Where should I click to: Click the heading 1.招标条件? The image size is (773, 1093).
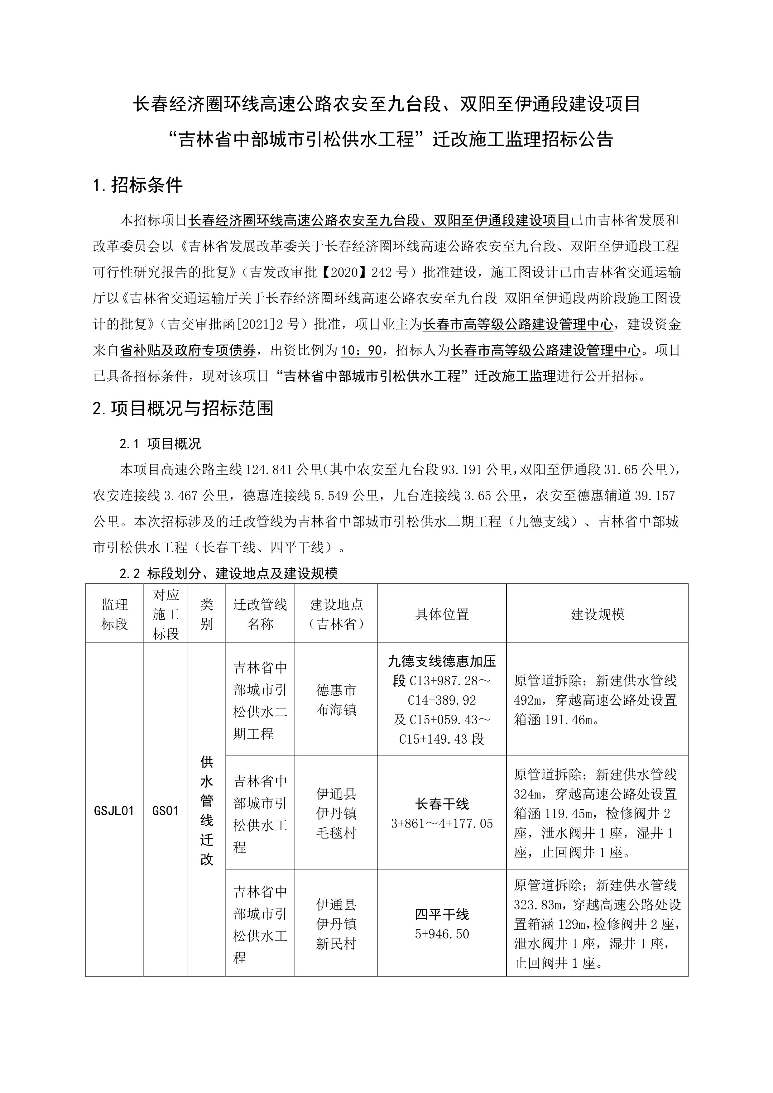click(138, 185)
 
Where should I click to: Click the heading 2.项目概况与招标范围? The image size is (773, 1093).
click(183, 408)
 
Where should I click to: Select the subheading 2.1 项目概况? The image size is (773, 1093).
click(161, 444)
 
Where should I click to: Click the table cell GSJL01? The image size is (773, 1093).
click(114, 811)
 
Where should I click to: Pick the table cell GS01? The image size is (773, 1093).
click(166, 811)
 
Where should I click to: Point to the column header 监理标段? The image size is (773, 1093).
click(114, 614)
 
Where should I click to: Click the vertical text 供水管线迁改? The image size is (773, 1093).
click(207, 811)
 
